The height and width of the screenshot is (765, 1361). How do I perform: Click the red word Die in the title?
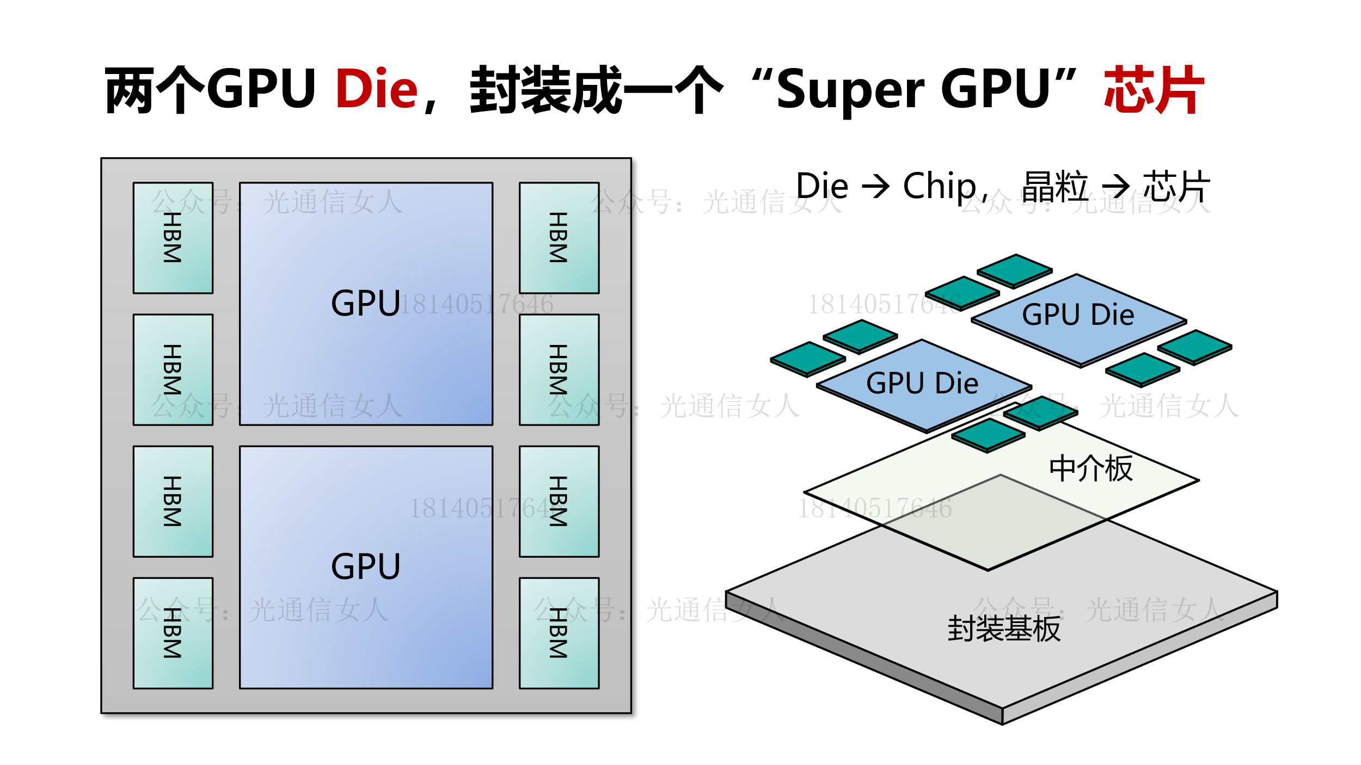376,89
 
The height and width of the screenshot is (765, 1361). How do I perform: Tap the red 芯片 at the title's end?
1154,89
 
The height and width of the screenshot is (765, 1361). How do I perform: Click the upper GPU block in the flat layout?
366,304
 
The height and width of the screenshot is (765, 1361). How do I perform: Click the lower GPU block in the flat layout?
366,567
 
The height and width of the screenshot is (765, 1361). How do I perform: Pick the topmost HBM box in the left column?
173,238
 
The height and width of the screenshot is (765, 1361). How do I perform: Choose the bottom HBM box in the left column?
173,633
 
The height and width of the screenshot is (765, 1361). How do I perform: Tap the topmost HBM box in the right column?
559,238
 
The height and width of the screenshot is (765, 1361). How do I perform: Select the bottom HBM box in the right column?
559,633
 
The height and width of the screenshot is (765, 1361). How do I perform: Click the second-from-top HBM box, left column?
173,369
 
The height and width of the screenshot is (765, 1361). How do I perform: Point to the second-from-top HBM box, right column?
559,369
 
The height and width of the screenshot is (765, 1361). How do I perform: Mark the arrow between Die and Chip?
875,186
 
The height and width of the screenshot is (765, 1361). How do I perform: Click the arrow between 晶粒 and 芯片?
1115,186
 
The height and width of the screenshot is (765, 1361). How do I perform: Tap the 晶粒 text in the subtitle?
1055,186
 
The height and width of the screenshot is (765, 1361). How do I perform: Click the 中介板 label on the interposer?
1091,468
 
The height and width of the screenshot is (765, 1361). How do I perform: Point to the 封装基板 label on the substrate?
1004,629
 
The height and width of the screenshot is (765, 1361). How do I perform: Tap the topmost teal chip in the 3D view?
1015,269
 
